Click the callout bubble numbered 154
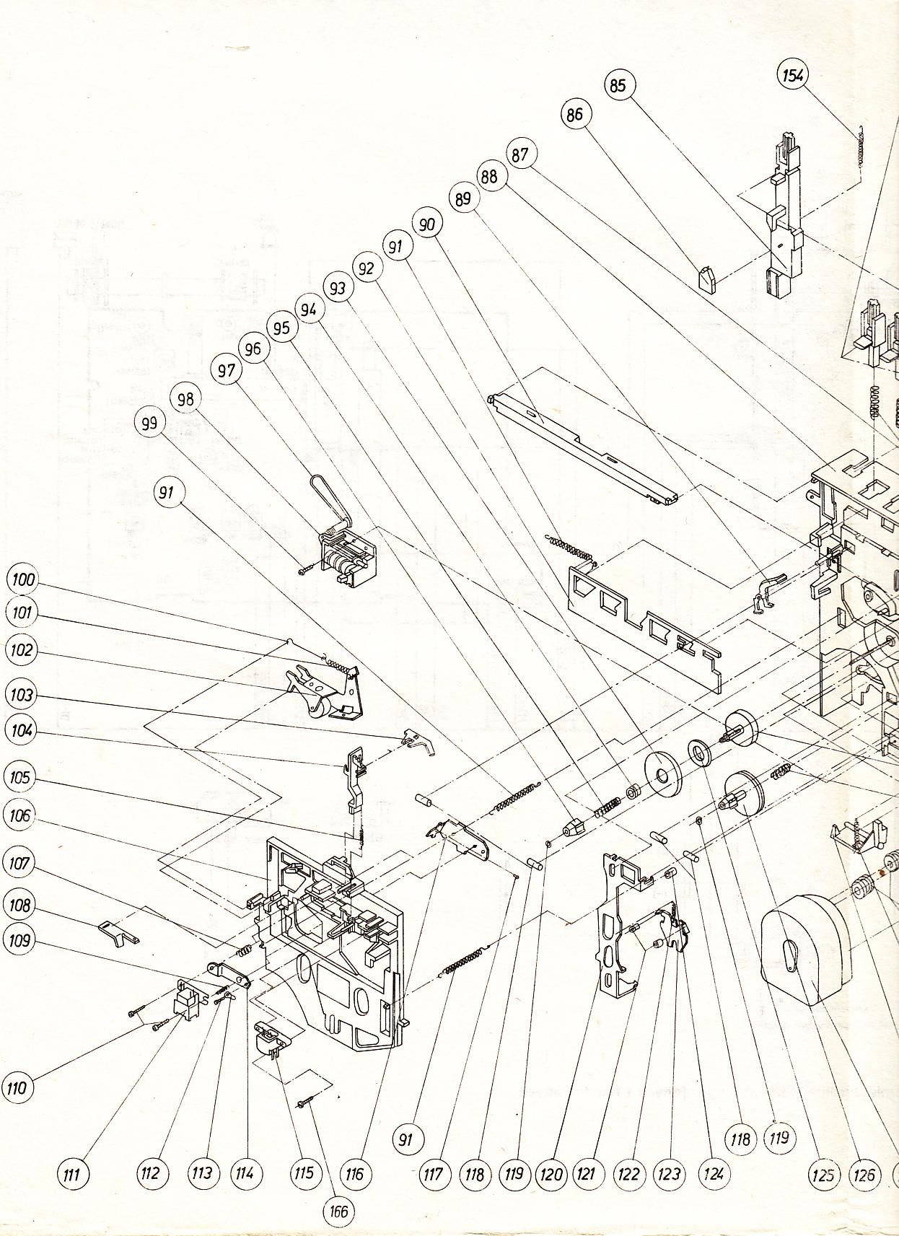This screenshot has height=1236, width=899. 793,76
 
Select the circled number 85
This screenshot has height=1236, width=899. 618,86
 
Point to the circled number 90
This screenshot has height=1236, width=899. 427,224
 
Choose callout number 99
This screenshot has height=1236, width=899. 149,424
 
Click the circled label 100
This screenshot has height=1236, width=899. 22,580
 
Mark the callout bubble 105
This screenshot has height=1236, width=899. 20,777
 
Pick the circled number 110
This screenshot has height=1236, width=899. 19,1087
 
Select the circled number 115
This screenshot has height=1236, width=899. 304,1173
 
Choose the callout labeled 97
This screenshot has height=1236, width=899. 227,371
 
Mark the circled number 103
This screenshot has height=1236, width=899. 22,695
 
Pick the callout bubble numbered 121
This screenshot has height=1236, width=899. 587,1174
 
